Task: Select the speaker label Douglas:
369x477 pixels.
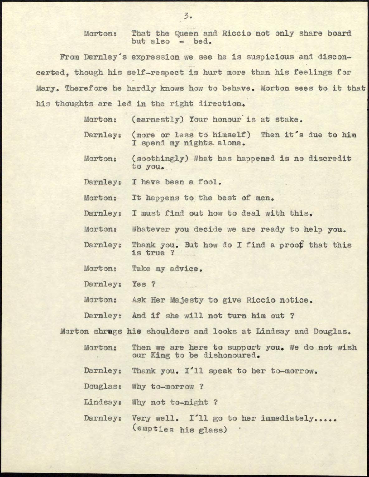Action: (x=103, y=387)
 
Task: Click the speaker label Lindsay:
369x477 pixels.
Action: (x=103, y=403)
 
